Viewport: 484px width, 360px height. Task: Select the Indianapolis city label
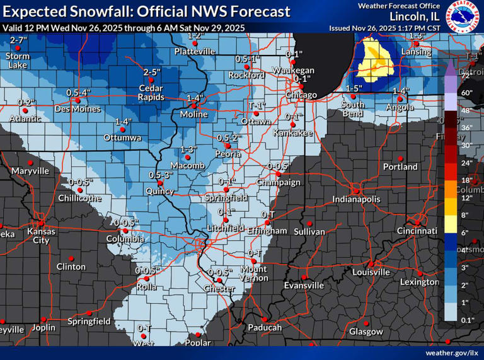click(357, 199)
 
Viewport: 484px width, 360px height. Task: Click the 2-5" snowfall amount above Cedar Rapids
click(151, 73)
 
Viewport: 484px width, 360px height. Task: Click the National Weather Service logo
click(464, 16)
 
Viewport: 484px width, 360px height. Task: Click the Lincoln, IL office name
click(414, 16)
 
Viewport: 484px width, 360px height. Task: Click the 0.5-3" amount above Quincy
click(161, 175)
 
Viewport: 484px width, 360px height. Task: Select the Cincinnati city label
click(417, 231)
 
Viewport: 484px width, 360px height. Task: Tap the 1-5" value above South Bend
click(354, 88)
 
